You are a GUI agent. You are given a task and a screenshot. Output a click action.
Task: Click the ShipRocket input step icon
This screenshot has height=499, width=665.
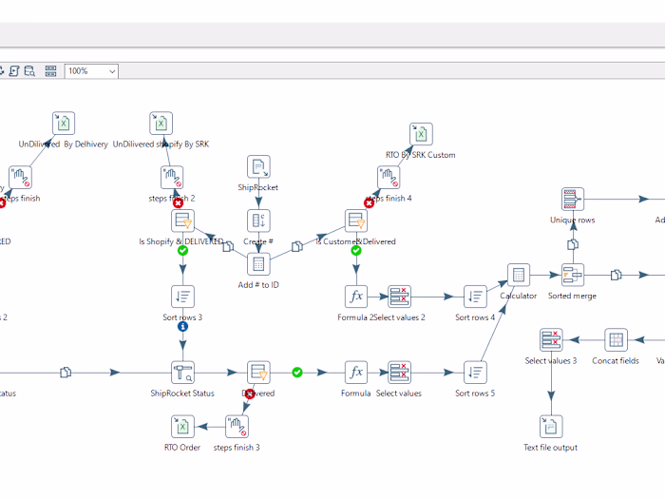tap(258, 167)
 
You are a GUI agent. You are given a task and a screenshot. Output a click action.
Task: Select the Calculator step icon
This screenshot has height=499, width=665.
tap(518, 276)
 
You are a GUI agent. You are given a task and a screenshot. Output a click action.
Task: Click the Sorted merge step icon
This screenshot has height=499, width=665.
tap(573, 276)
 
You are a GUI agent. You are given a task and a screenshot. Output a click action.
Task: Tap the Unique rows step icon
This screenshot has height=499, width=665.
tap(572, 200)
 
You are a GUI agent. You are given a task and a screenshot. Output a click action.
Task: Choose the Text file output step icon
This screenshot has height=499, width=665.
tap(551, 427)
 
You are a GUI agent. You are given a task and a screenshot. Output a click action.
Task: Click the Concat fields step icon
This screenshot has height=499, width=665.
tap(616, 340)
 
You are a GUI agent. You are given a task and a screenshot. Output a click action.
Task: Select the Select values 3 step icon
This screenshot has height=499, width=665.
tap(551, 340)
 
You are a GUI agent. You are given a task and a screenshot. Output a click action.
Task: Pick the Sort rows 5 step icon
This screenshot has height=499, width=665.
tap(475, 372)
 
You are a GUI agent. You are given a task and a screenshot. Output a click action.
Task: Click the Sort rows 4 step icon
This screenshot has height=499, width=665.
tap(475, 296)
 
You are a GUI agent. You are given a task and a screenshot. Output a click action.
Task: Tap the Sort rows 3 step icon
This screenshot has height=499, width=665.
tap(182, 296)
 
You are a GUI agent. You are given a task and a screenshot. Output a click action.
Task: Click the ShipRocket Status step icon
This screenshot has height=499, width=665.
tap(182, 372)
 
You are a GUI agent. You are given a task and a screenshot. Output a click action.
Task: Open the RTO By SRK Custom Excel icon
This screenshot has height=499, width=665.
tap(421, 134)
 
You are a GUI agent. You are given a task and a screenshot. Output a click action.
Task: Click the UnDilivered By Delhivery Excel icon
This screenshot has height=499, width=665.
tap(64, 124)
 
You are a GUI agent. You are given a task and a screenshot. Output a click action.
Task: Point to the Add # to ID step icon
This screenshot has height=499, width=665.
tap(258, 264)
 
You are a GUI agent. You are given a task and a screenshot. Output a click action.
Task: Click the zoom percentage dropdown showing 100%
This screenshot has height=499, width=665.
tap(92, 71)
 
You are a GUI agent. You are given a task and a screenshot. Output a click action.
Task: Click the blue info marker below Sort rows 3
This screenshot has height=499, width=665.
tap(182, 326)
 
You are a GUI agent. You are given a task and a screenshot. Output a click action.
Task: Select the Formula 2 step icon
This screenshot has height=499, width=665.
tap(356, 296)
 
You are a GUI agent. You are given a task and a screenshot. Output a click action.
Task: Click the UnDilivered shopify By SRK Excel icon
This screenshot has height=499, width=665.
tap(161, 124)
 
